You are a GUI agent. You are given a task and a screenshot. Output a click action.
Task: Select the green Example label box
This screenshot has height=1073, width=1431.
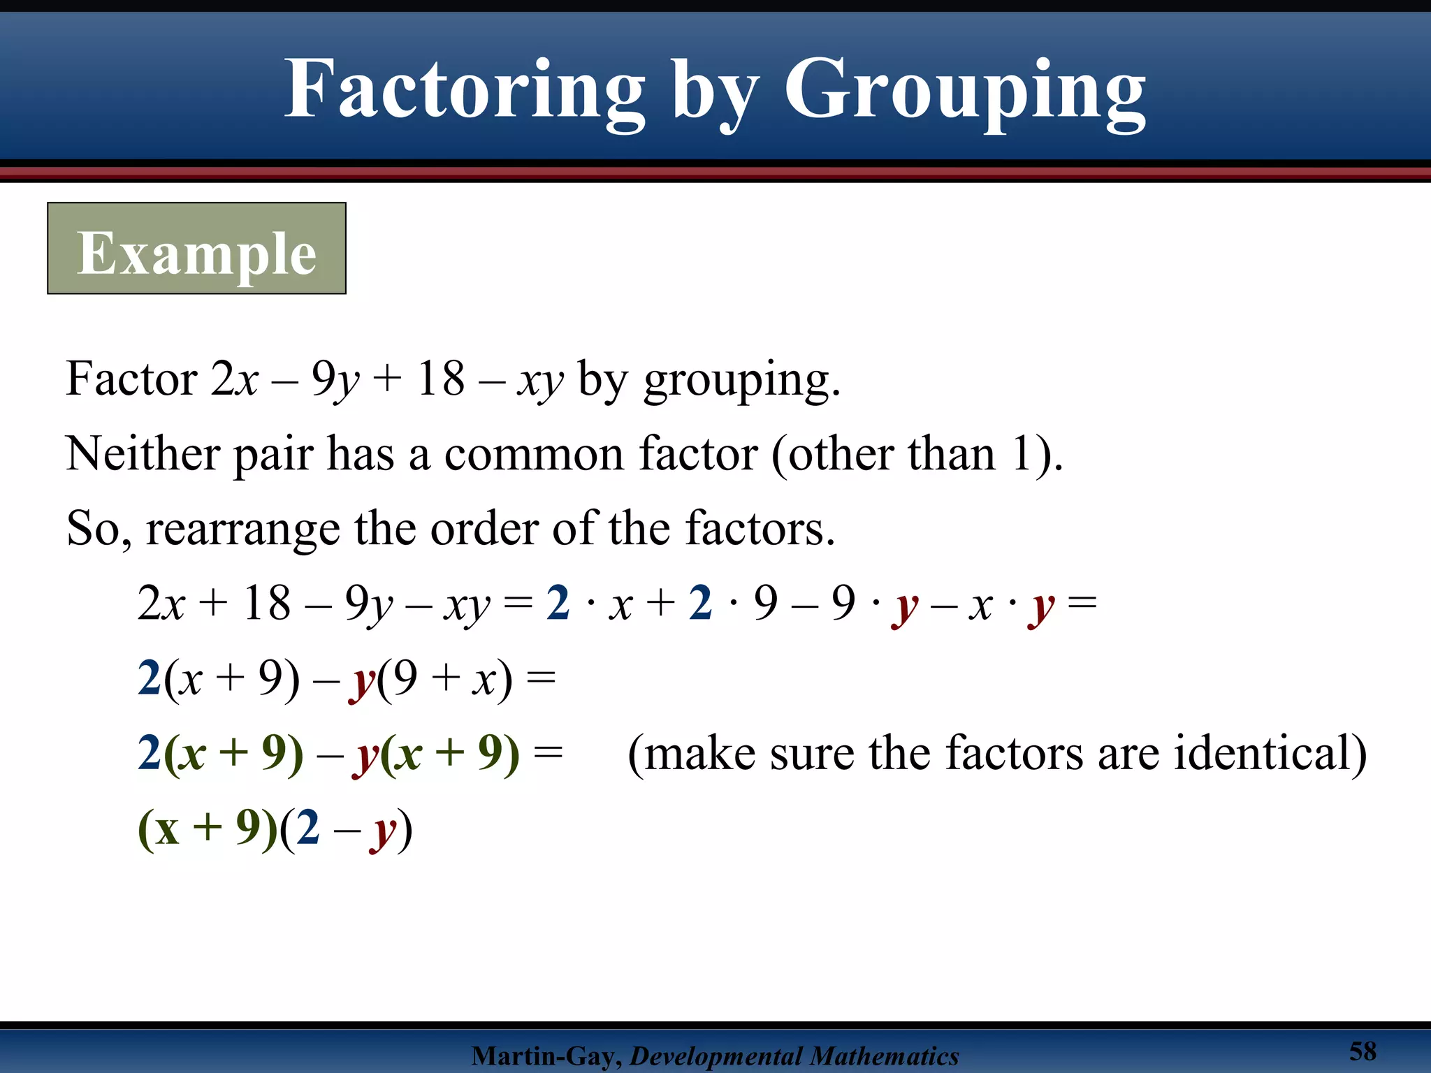pos(196,249)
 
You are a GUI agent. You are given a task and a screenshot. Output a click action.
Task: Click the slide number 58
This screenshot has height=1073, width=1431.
pos(1363,1051)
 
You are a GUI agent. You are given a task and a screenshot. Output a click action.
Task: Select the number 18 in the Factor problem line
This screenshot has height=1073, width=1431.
pos(440,379)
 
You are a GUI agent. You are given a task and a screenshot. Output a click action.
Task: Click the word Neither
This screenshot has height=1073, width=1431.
pos(143,454)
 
